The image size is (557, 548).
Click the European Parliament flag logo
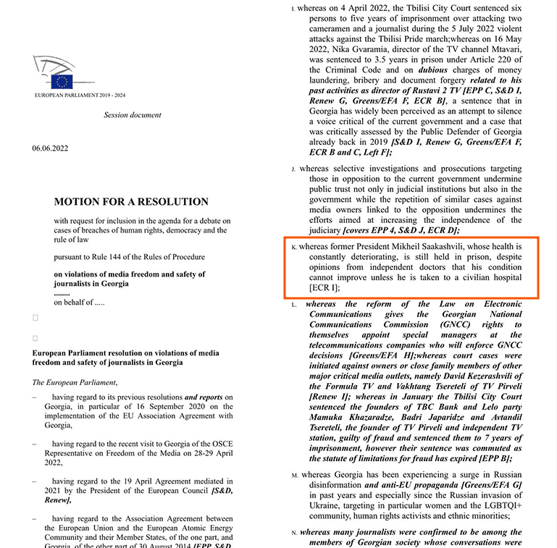coord(62,81)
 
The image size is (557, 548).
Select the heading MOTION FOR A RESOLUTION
coord(131,202)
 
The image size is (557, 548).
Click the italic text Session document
coord(133,115)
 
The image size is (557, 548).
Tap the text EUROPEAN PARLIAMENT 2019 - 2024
coord(80,96)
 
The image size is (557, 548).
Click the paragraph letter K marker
coord(294,248)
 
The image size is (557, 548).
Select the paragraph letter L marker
coord(294,305)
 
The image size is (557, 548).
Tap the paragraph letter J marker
coord(294,169)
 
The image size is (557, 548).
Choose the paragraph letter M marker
coord(295,475)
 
